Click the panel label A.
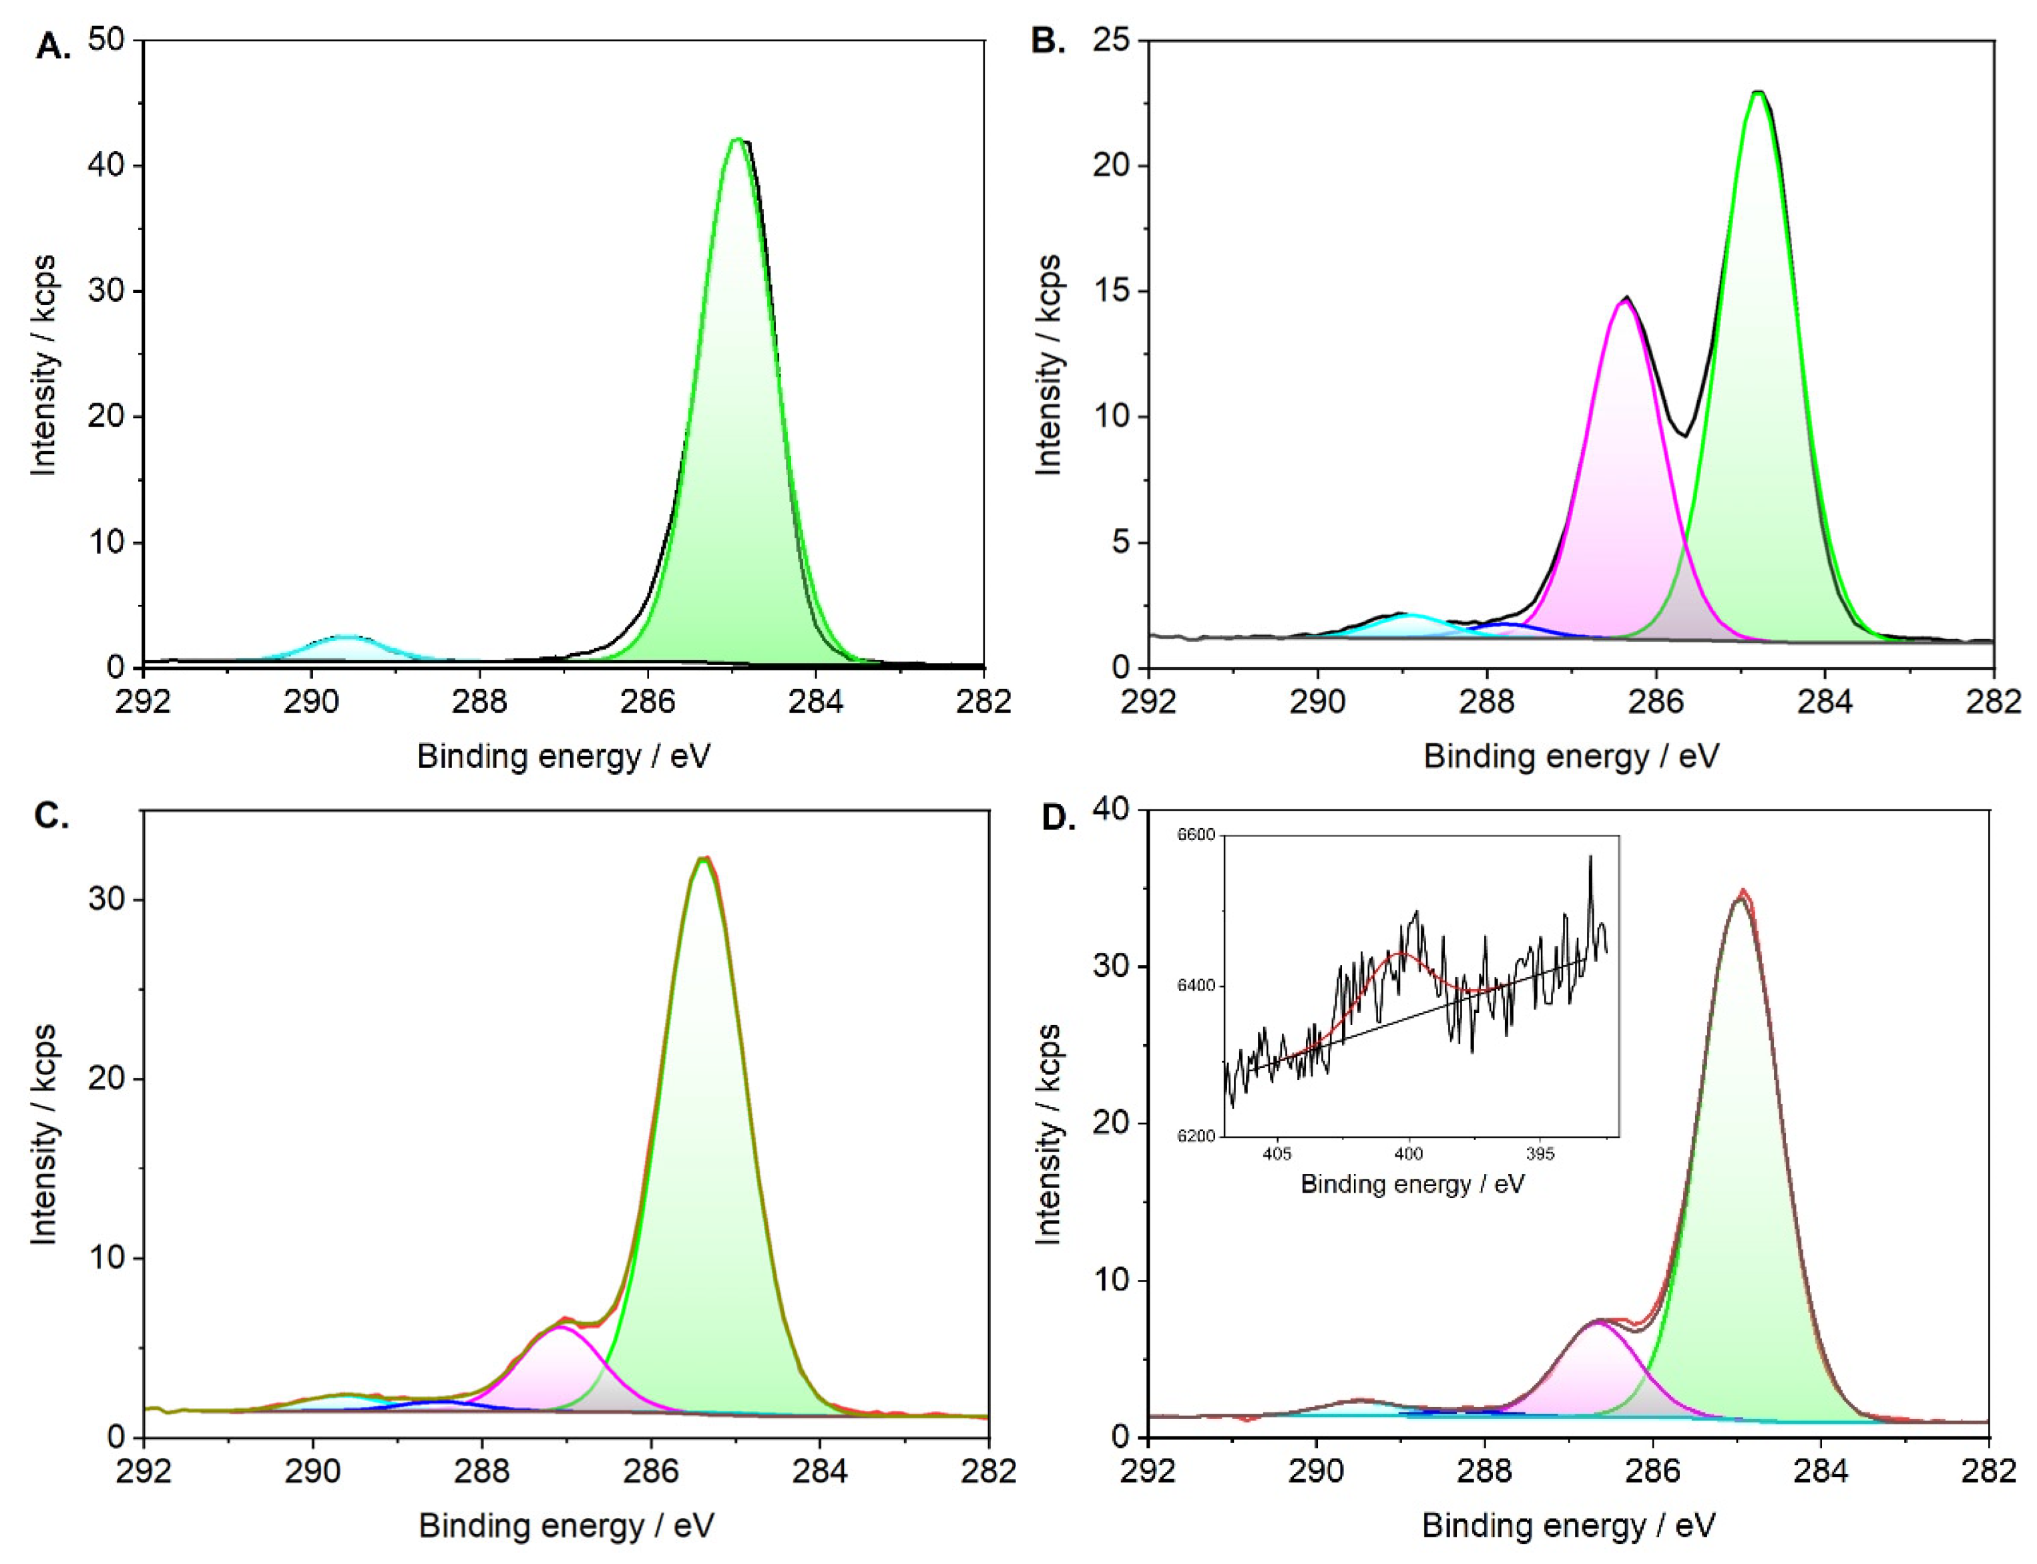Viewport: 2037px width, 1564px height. pyautogui.click(x=51, y=45)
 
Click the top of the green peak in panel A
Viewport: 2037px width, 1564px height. pyautogui.click(x=737, y=140)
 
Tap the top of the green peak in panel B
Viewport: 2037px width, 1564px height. pyautogui.click(x=1757, y=92)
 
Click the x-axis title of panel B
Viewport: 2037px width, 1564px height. pyautogui.click(x=1571, y=756)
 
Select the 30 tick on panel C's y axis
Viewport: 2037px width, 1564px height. pyautogui.click(x=109, y=900)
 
